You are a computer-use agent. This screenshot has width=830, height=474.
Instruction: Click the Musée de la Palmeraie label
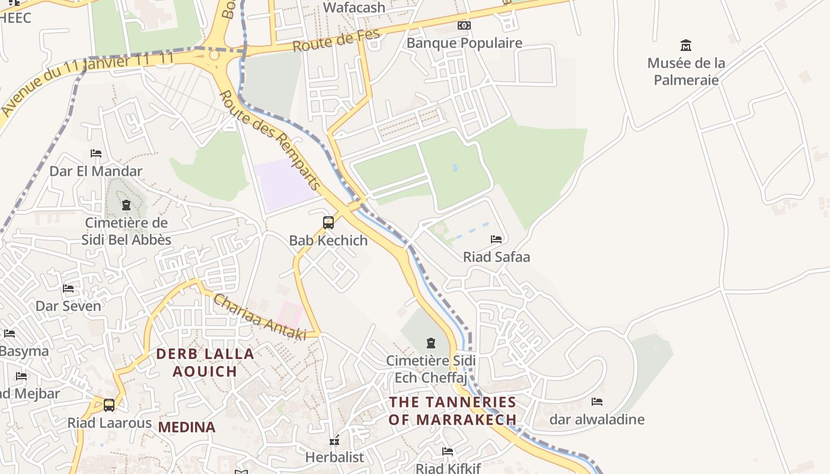tap(686, 71)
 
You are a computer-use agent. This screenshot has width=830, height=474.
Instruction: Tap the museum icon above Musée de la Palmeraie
tap(686, 45)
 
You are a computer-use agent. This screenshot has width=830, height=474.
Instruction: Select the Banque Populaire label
tap(464, 43)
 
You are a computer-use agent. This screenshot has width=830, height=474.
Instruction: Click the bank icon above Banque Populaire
tap(464, 25)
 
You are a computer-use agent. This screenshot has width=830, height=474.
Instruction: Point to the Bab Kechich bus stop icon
tap(328, 223)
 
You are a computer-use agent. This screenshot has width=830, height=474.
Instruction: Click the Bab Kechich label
tap(328, 241)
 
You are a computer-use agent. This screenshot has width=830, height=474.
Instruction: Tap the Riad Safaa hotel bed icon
tap(496, 239)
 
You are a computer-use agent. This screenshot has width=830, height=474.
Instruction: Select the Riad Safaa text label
tap(496, 257)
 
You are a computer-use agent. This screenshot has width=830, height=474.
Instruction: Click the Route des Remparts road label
tap(270, 140)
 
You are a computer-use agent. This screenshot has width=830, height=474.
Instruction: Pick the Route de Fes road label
tap(336, 41)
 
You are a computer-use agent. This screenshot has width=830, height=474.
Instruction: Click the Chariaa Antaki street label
tap(260, 317)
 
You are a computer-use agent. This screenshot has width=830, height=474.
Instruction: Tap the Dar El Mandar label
tap(95, 171)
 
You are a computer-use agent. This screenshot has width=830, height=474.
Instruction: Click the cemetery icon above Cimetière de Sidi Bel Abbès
tap(126, 206)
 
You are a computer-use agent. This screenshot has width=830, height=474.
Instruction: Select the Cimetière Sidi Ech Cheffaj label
tap(430, 369)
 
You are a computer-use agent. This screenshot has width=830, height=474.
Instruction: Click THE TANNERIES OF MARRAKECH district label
tap(452, 411)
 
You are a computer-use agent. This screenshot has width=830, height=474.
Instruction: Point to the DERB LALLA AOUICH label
tap(205, 363)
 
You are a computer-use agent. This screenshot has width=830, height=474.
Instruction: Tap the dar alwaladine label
tap(596, 419)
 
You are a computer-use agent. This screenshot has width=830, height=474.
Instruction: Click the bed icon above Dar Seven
tap(68, 289)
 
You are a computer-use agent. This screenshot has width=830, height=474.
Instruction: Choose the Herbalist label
tap(334, 457)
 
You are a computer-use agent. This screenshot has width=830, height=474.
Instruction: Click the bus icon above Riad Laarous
tap(109, 405)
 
